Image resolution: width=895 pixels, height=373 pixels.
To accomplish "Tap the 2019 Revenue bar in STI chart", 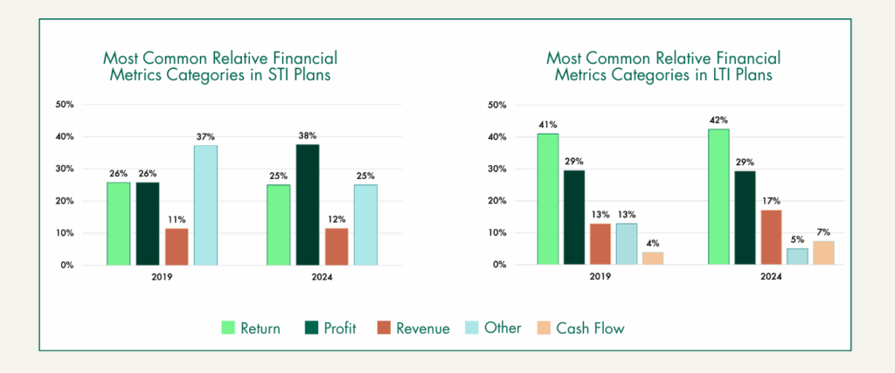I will [x=177, y=246].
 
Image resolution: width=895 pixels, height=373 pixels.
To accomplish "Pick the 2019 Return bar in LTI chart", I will [x=548, y=199].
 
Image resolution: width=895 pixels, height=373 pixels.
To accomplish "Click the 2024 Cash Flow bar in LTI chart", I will [x=822, y=252].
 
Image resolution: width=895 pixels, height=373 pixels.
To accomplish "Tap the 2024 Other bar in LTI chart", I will [x=797, y=256].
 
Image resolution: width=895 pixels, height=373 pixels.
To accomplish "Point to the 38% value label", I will [x=307, y=135].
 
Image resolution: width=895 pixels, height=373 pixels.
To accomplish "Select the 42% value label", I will [x=719, y=120].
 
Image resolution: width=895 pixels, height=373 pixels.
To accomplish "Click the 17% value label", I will [x=772, y=201].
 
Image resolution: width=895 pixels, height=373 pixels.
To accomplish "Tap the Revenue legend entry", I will [x=422, y=328].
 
